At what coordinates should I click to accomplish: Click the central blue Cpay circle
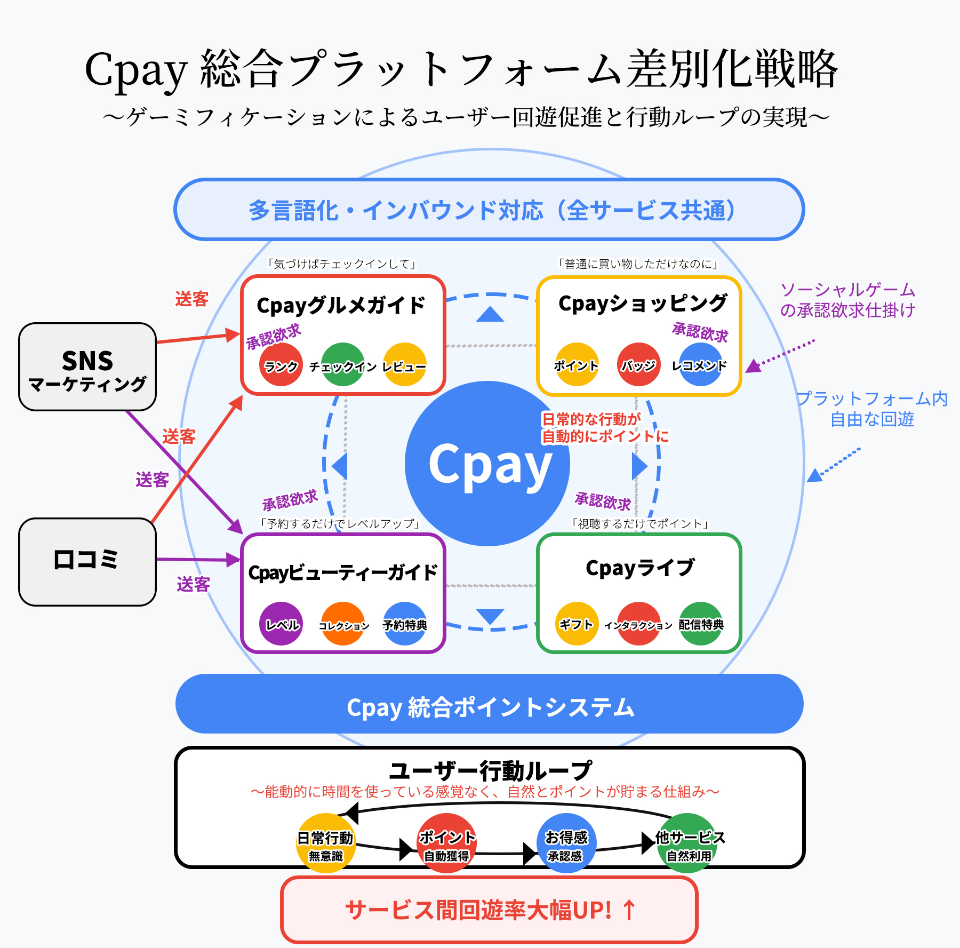pyautogui.click(x=487, y=463)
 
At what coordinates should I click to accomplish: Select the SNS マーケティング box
pyautogui.click(x=87, y=367)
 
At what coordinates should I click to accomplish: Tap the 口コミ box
pyautogui.click(x=87, y=562)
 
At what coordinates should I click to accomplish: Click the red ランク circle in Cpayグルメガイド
pyautogui.click(x=281, y=364)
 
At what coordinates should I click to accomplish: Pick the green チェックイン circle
pyautogui.click(x=343, y=364)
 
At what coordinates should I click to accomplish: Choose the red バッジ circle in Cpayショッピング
pyautogui.click(x=638, y=364)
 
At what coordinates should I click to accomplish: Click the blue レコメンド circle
pyautogui.click(x=700, y=364)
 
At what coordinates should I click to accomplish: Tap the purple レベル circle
pyautogui.click(x=281, y=624)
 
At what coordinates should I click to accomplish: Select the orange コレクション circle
pyautogui.click(x=343, y=624)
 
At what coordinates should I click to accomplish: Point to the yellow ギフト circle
pyautogui.click(x=577, y=624)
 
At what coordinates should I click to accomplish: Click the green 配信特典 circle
pyautogui.click(x=701, y=624)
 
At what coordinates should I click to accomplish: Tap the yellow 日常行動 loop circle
pyautogui.click(x=326, y=843)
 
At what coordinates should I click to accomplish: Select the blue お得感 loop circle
pyautogui.click(x=566, y=843)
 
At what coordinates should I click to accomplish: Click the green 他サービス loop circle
pyautogui.click(x=688, y=843)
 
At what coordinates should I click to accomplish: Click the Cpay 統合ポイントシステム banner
pyautogui.click(x=490, y=704)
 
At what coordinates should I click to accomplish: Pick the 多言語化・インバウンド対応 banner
pyautogui.click(x=490, y=210)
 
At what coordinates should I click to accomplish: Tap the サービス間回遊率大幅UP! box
pyautogui.click(x=490, y=910)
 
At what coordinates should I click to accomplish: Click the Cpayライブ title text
pyautogui.click(x=639, y=568)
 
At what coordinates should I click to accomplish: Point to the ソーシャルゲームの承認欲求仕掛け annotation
pyautogui.click(x=847, y=300)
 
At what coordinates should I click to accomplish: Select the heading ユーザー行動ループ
pyautogui.click(x=490, y=770)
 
